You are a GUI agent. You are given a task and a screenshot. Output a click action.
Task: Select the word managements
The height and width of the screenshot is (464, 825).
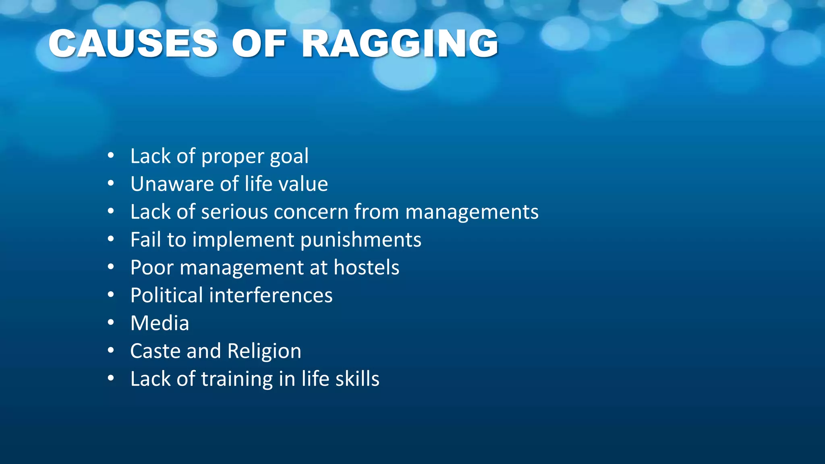472,212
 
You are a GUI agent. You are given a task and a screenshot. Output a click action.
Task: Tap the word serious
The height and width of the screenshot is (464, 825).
234,212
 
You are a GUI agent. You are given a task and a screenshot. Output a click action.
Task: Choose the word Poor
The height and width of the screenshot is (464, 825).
152,267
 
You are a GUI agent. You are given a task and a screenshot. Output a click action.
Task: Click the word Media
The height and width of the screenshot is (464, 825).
160,323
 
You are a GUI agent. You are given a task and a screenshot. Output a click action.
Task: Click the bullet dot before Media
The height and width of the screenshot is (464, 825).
111,323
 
